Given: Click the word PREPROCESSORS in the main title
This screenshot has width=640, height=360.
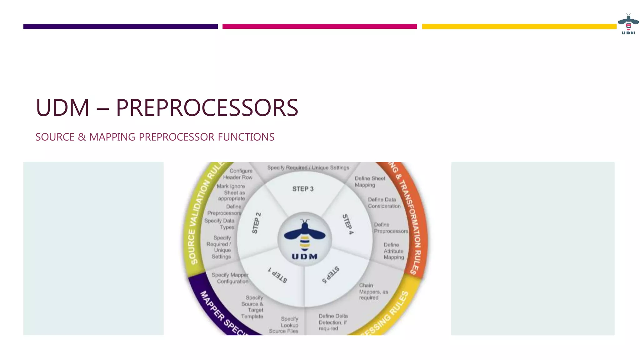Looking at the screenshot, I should click(x=207, y=108).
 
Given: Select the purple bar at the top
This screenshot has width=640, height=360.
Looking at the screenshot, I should click(x=120, y=27).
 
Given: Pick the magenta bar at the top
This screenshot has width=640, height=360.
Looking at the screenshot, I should click(x=319, y=27).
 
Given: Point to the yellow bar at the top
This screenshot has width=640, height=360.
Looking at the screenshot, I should click(x=519, y=27).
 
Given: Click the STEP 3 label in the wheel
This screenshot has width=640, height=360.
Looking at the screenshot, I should click(x=303, y=189).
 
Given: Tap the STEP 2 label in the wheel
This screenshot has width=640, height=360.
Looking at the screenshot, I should click(x=256, y=223).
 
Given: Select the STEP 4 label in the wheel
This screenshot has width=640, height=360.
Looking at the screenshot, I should click(x=348, y=224).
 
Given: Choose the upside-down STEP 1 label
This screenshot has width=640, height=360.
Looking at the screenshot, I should click(x=277, y=275).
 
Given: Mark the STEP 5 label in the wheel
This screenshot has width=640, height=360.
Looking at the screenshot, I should click(x=331, y=275).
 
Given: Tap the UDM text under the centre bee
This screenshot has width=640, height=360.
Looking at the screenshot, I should click(x=305, y=257).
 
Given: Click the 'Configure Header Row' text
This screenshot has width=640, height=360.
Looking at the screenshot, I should click(x=238, y=174).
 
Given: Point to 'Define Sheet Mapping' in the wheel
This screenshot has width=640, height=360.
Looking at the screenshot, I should click(x=370, y=182).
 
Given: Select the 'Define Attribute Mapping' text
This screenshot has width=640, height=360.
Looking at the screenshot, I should click(x=394, y=251).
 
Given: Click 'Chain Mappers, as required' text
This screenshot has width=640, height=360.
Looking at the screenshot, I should click(x=373, y=292).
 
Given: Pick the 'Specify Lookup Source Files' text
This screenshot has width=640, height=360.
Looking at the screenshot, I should click(x=284, y=325).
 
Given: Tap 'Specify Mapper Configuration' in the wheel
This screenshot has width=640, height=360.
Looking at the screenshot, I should click(x=230, y=278).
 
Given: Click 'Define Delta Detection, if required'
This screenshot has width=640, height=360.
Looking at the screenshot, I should click(x=333, y=322).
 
